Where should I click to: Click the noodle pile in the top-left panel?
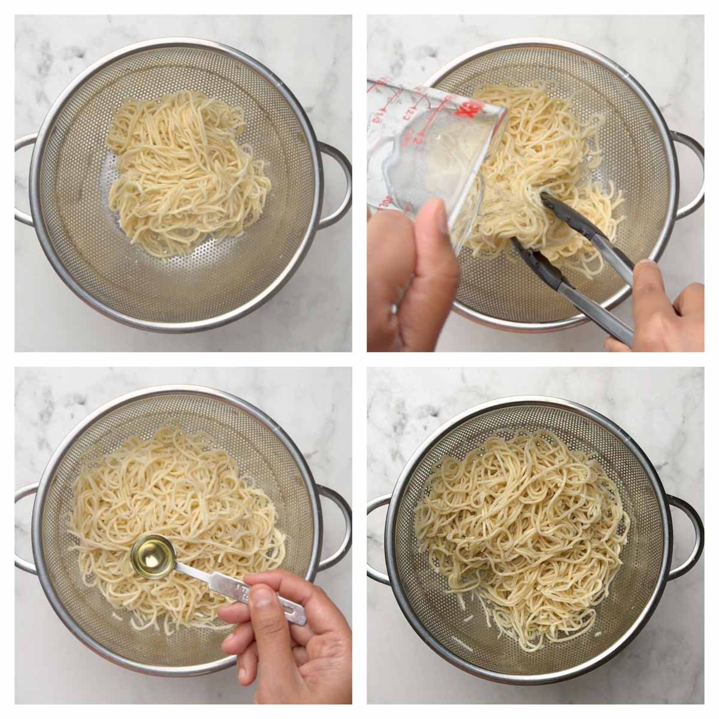(183, 168)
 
